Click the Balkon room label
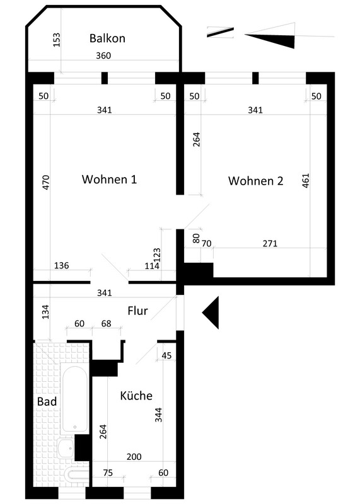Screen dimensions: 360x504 (x=107, y=38)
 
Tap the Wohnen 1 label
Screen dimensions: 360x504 (x=109, y=179)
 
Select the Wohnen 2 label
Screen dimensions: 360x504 (x=256, y=181)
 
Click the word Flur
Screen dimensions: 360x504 (x=137, y=311)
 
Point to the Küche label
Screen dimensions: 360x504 (x=136, y=396)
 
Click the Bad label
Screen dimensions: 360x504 (x=47, y=401)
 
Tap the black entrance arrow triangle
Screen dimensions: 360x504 (x=211, y=312)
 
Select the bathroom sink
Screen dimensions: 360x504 (x=66, y=449)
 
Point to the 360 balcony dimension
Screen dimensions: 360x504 (x=103, y=55)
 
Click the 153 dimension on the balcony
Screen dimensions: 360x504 (x=57, y=40)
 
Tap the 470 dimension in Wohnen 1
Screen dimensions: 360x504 (x=46, y=182)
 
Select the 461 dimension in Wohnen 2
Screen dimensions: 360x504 (x=306, y=181)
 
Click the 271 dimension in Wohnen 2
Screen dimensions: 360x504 (x=270, y=244)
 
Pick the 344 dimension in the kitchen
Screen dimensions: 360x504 (x=158, y=415)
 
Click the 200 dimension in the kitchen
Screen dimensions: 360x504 (x=134, y=457)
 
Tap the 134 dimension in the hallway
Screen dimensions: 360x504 (x=45, y=312)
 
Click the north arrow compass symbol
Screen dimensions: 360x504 (x=270, y=36)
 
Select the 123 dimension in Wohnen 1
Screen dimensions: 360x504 (x=157, y=255)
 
